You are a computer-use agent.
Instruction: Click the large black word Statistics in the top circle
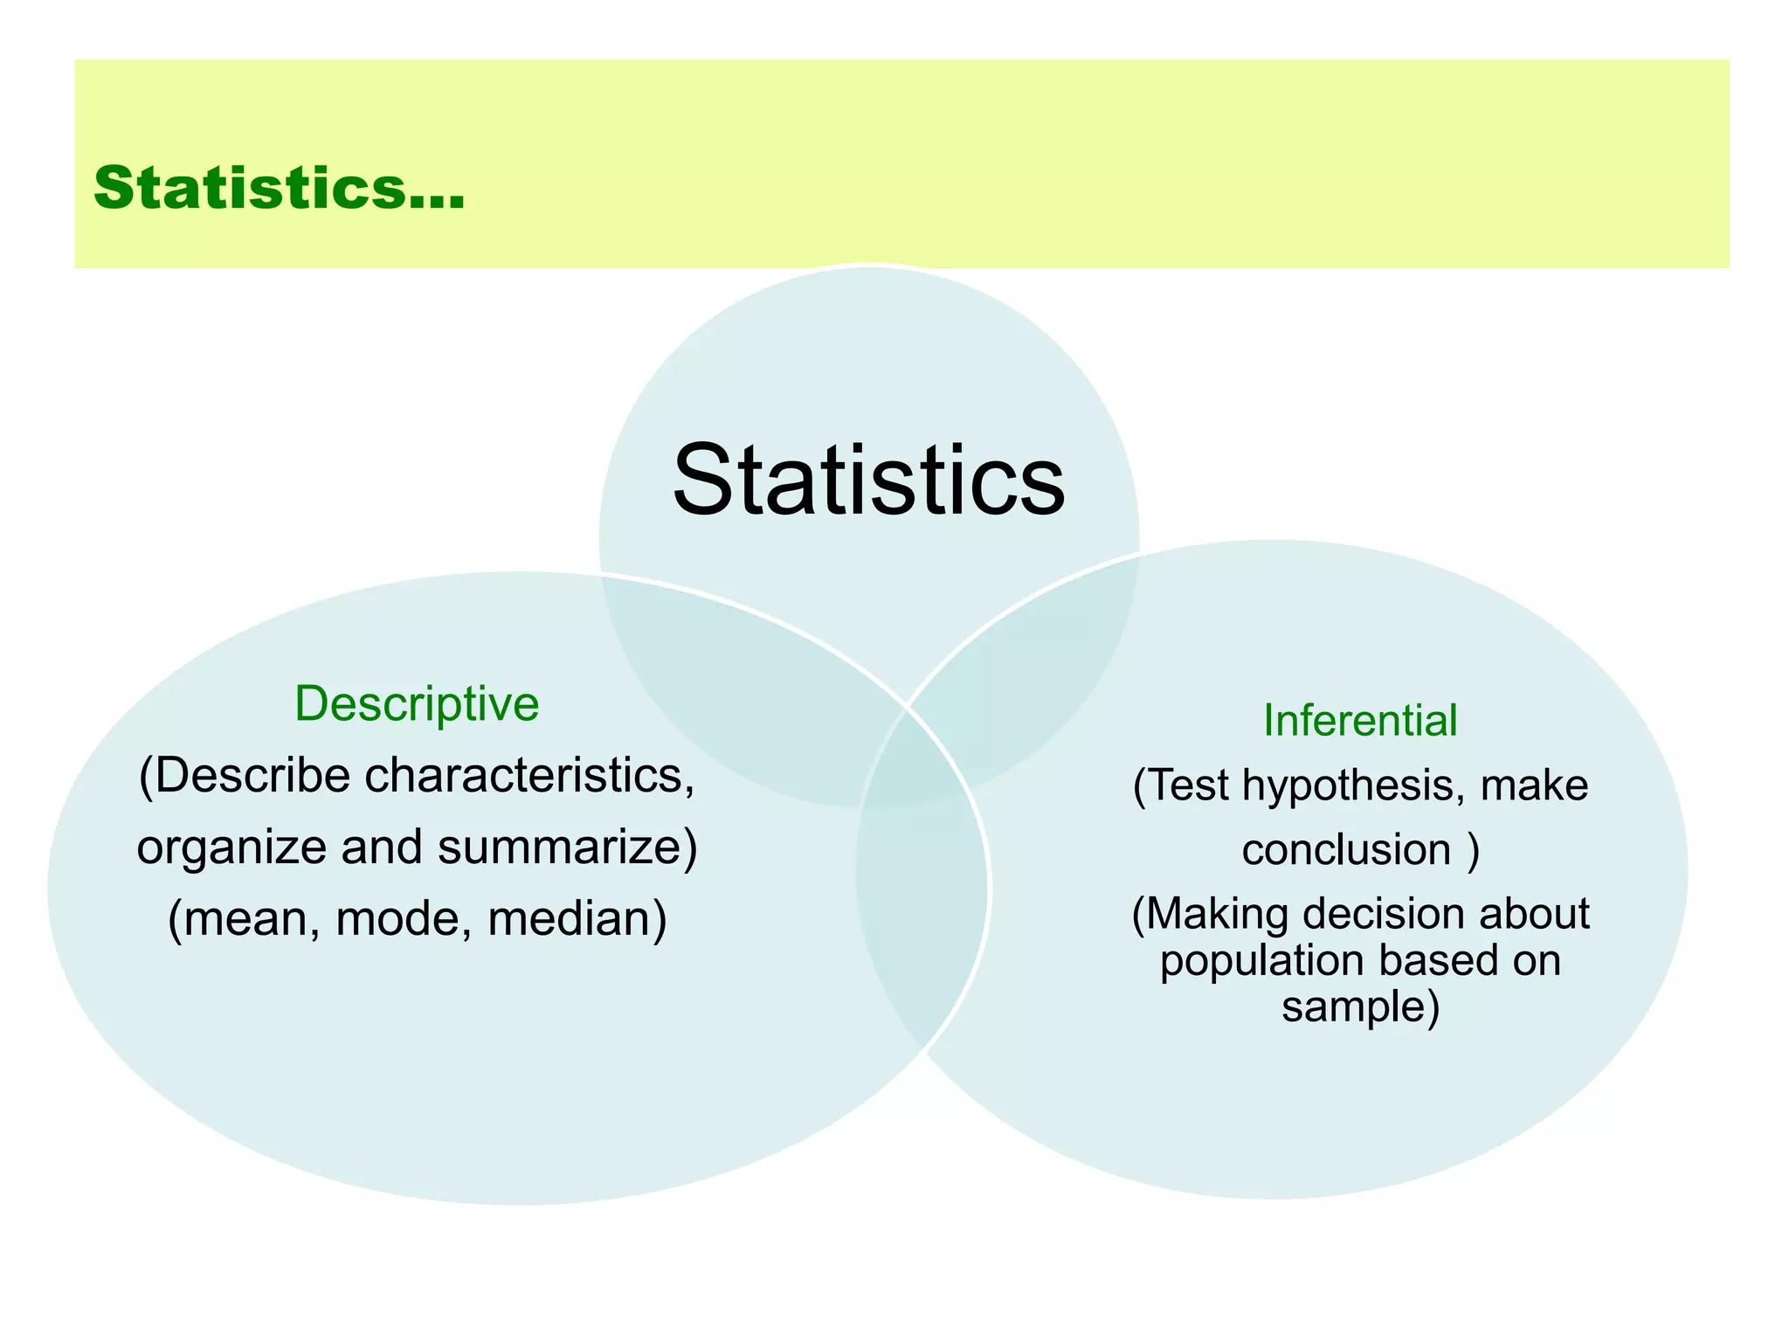[868, 481]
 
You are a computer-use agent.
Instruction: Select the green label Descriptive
[417, 703]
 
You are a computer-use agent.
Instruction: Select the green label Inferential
[1360, 721]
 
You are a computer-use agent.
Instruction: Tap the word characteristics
[524, 775]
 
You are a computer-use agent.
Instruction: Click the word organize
[231, 847]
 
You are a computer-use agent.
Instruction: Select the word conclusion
[1346, 850]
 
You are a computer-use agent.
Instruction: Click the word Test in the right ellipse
[1188, 785]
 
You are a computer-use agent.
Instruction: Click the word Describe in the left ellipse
[249, 775]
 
